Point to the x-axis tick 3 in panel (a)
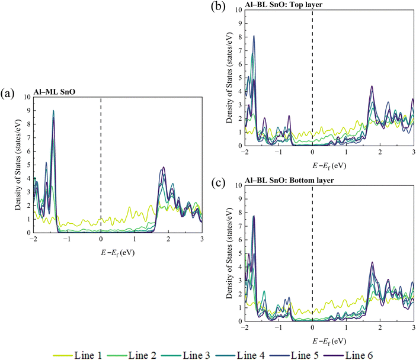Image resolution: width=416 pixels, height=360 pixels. pyautogui.click(x=202, y=240)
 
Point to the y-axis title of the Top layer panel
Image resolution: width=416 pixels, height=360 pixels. pyautogui.click(x=229, y=78)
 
